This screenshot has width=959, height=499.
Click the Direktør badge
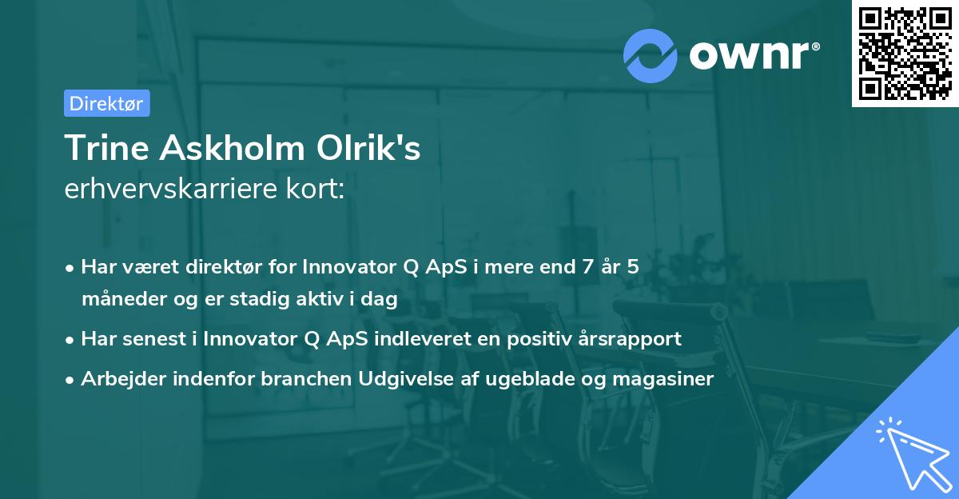[x=106, y=103]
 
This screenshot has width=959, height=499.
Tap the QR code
[x=905, y=53]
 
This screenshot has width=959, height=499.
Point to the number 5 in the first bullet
[x=632, y=268]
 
